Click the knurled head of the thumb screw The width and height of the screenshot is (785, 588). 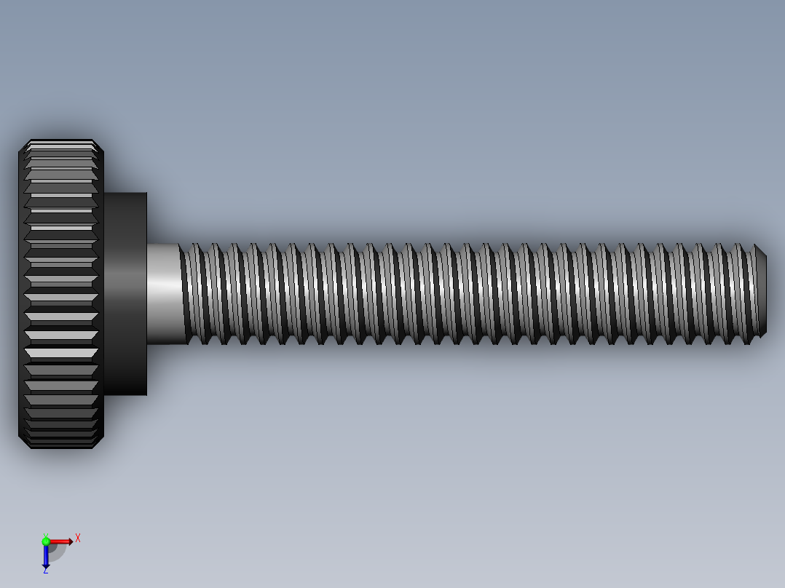(61, 294)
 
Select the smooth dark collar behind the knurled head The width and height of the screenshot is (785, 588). (125, 294)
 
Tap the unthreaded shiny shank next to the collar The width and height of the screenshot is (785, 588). (163, 294)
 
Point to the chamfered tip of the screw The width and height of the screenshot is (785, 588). (761, 291)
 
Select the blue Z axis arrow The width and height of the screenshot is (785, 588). (46, 556)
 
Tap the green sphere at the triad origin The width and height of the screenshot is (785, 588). (46, 541)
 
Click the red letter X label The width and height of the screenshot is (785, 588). (78, 539)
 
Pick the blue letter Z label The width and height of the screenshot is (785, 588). (45, 571)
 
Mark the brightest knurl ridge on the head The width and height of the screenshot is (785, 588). (61, 352)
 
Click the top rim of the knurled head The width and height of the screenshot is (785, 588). (61, 142)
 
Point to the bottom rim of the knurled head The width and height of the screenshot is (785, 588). (61, 445)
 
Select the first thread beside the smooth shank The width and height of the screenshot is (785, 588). (190, 294)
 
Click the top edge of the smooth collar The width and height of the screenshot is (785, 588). (125, 194)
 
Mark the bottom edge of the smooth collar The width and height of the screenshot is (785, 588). (125, 394)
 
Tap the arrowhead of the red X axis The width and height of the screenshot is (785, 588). (70, 541)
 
